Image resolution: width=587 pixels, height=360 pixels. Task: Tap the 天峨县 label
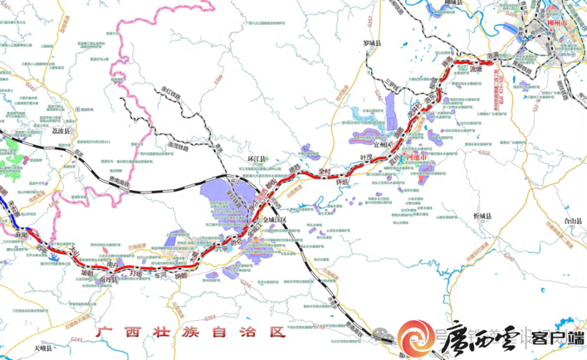pos(43,348)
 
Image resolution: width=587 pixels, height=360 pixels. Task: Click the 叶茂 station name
pos(367,158)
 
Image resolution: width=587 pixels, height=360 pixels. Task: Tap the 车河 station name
pos(160,276)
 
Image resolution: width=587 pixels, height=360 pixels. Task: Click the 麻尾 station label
pos(23,235)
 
